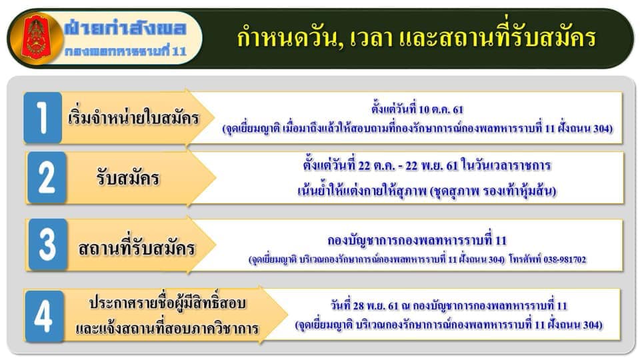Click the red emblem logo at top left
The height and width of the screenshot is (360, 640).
[37, 38]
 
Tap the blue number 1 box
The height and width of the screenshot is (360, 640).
[43, 117]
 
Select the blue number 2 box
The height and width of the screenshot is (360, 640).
[47, 177]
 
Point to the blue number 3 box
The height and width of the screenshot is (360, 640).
[48, 245]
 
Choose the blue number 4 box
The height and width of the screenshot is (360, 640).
[44, 316]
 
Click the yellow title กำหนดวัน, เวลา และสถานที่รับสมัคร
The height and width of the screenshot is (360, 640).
[416, 37]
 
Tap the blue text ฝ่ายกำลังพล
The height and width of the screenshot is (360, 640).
[125, 28]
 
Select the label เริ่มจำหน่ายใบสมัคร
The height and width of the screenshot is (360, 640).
[133, 117]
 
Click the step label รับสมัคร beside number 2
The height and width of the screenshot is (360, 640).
[128, 178]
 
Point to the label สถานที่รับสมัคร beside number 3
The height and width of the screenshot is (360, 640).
[137, 248]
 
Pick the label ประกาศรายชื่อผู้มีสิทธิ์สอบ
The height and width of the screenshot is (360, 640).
[167, 303]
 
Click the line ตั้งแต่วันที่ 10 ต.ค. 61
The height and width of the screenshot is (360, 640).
[417, 109]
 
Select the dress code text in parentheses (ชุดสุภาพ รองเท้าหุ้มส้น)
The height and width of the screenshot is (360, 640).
[493, 191]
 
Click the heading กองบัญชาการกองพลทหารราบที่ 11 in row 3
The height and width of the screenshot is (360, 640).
[417, 240]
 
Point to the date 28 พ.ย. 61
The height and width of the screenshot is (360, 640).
[376, 306]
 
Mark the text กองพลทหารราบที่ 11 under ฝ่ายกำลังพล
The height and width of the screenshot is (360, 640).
[126, 51]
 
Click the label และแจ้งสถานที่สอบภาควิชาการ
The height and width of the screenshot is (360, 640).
[167, 328]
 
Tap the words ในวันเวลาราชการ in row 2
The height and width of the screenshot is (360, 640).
[506, 165]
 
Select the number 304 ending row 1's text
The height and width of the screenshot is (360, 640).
[601, 129]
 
